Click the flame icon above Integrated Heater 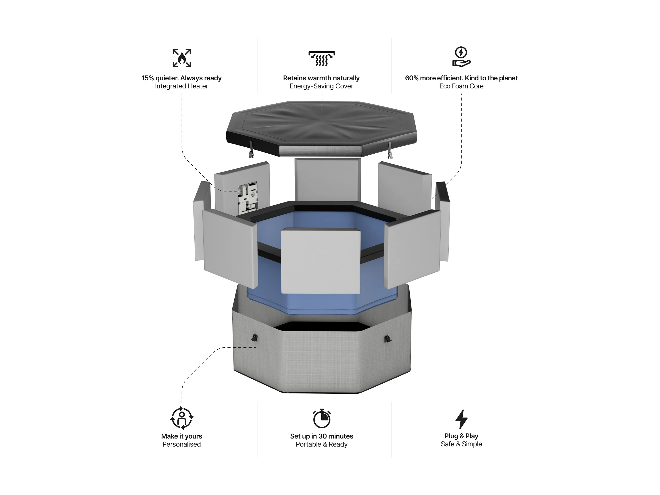(x=182, y=58)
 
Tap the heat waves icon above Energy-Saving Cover (x=321, y=58)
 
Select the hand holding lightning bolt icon (x=461, y=56)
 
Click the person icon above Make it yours (x=182, y=418)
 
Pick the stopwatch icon (x=322, y=418)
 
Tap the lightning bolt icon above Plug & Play (x=461, y=419)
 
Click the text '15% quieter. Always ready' (x=181, y=78)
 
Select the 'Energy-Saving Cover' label (x=321, y=86)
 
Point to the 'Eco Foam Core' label (x=461, y=86)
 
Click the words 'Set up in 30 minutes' (x=322, y=436)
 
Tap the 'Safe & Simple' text (x=461, y=444)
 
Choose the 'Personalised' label (x=182, y=444)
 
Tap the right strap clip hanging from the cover (x=390, y=150)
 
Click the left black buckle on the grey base (x=254, y=338)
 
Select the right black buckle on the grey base (x=388, y=339)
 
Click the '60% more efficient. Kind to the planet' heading (x=461, y=78)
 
